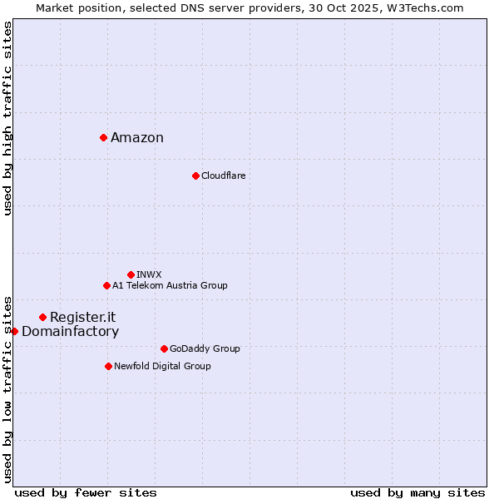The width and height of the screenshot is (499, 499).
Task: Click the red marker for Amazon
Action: pos(103,137)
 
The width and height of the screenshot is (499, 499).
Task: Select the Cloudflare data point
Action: pos(195,175)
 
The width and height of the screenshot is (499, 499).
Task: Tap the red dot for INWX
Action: pos(131,274)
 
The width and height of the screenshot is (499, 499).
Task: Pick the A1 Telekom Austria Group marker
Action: pos(106,285)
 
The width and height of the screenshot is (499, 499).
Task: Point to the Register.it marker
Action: pos(42,317)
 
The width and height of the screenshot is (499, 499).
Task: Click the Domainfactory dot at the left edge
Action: pos(14,331)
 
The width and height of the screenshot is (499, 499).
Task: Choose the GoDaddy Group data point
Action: pos(164,348)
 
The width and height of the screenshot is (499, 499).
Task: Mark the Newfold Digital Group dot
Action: pos(108,366)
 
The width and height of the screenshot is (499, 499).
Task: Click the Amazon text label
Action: pos(137,138)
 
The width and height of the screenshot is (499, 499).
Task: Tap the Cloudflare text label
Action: pos(223,176)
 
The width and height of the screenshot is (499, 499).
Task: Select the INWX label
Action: pos(149,275)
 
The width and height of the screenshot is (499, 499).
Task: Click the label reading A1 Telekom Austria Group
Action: pos(170,286)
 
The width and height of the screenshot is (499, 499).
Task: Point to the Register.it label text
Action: pos(82,318)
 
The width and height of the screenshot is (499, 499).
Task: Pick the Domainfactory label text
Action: pos(70,332)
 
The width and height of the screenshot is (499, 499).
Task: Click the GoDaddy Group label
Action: pos(205,349)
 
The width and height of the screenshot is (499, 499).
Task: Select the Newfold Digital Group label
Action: pos(162,367)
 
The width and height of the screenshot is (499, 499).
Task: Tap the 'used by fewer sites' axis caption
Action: pos(86,493)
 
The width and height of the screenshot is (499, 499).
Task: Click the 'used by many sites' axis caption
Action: pos(417,493)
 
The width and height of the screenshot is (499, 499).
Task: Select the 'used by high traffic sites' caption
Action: pos(7,118)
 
